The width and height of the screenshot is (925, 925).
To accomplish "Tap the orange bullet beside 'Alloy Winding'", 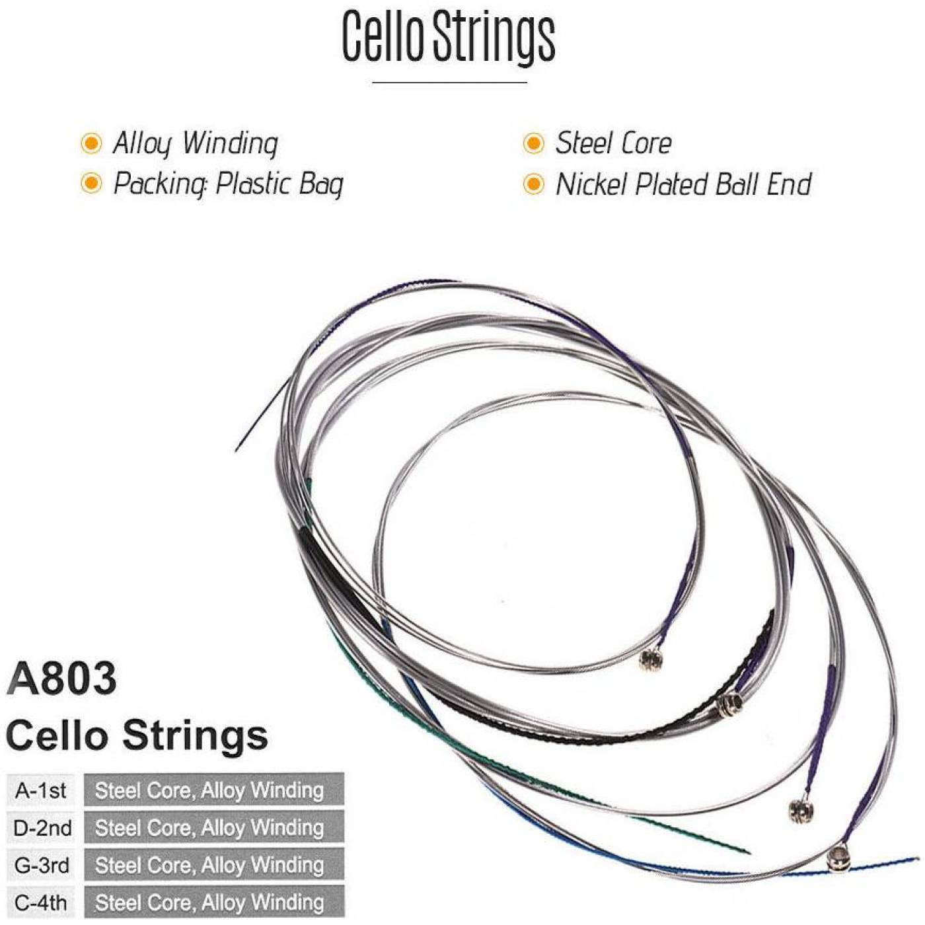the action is tap(91, 143).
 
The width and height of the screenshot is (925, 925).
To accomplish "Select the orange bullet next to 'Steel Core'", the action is tap(533, 143).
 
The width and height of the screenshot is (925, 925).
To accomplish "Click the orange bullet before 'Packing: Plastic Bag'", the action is tap(91, 184).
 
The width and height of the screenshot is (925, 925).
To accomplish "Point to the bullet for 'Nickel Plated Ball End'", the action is tap(533, 184).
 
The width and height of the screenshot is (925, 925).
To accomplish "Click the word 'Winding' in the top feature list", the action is tap(230, 144).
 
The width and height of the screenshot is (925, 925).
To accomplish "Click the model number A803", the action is tap(61, 679).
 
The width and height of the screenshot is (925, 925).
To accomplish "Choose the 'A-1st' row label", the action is tap(41, 791).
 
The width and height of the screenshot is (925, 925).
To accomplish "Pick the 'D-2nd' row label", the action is tap(42, 828).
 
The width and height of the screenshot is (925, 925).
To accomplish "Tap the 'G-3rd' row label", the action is tap(42, 866).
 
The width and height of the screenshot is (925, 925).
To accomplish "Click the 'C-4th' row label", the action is tap(41, 903).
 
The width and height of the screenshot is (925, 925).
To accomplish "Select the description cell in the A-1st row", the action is tap(214, 790).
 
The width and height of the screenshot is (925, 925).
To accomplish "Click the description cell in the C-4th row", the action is tap(214, 903).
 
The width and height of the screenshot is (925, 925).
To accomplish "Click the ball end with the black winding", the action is tap(729, 704).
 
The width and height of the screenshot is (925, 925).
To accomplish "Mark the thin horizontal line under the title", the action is tap(449, 83).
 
